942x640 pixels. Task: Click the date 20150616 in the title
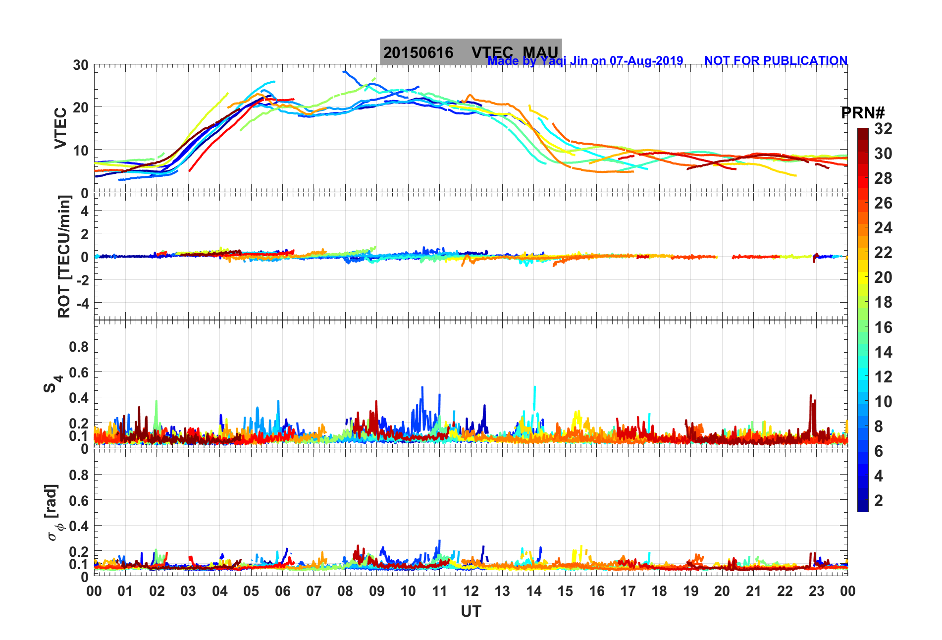(x=418, y=53)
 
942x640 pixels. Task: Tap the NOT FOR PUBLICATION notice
(x=776, y=60)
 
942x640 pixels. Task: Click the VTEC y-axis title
(x=60, y=128)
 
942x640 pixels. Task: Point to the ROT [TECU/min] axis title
(x=64, y=256)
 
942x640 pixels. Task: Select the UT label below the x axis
(x=471, y=612)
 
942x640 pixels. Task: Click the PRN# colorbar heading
(x=863, y=113)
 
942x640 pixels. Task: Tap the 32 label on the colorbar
(x=883, y=129)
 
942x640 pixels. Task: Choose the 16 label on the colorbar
(x=883, y=327)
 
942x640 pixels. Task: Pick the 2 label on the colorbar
(x=879, y=500)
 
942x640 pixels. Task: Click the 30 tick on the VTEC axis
(x=81, y=65)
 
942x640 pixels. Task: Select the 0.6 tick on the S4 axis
(x=79, y=372)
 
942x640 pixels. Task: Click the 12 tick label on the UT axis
(x=471, y=591)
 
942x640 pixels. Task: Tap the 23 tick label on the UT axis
(x=816, y=591)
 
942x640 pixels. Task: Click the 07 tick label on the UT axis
(x=314, y=591)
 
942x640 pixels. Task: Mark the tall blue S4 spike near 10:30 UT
(x=422, y=389)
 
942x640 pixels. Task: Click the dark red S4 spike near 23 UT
(x=810, y=396)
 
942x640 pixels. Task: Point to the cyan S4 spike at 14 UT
(x=534, y=388)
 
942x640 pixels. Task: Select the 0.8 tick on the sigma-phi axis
(x=79, y=475)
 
